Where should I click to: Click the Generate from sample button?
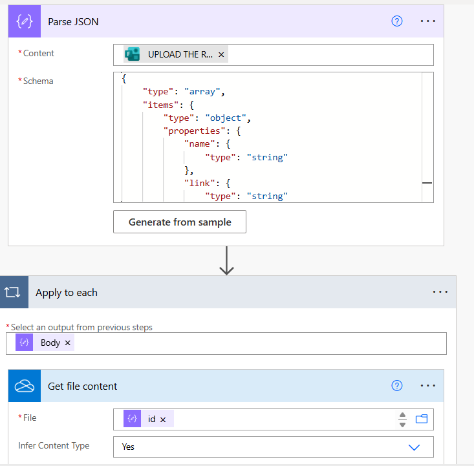(180, 222)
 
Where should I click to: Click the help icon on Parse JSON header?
(397, 21)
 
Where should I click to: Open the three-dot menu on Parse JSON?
(428, 21)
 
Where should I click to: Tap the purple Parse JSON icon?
(24, 21)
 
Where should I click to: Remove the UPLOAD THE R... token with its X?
(221, 55)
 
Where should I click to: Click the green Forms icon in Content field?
(133, 55)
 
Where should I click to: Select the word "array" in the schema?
(204, 92)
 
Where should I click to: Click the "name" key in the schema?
(200, 143)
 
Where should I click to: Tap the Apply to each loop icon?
(14, 292)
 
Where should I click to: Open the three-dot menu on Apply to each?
(440, 292)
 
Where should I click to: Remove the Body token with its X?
(67, 343)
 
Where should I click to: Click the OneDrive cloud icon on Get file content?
(24, 386)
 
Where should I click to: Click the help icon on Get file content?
(397, 386)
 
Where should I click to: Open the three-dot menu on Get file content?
(428, 386)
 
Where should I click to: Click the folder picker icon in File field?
(422, 419)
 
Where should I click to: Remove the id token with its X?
(163, 419)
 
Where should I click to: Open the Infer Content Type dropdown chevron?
(414, 447)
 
